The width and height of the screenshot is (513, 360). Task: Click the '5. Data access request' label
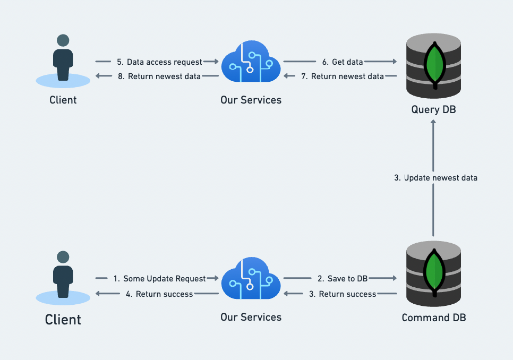click(x=159, y=62)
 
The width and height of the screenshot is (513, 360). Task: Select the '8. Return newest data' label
click(x=159, y=76)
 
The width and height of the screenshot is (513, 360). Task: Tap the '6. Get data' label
click(x=347, y=62)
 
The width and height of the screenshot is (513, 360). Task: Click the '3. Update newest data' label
click(x=435, y=178)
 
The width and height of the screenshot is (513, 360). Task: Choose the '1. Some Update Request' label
click(x=159, y=278)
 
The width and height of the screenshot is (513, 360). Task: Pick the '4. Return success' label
click(x=159, y=294)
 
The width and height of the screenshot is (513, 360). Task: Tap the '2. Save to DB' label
click(x=343, y=278)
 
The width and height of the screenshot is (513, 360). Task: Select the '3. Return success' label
click(x=343, y=294)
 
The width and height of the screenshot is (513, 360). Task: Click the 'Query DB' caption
click(x=433, y=110)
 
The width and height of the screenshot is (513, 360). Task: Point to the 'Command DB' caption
click(x=434, y=318)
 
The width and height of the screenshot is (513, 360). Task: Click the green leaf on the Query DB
click(x=435, y=64)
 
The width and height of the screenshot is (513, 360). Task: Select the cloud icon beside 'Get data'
click(x=250, y=64)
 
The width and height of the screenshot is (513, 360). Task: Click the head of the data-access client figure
click(x=63, y=40)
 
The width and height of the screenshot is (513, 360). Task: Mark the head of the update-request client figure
click(x=63, y=257)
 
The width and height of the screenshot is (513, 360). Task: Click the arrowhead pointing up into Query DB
click(x=433, y=123)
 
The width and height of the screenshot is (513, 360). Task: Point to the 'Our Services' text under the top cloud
click(x=251, y=100)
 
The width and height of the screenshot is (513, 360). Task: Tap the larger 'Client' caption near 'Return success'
click(x=63, y=320)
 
